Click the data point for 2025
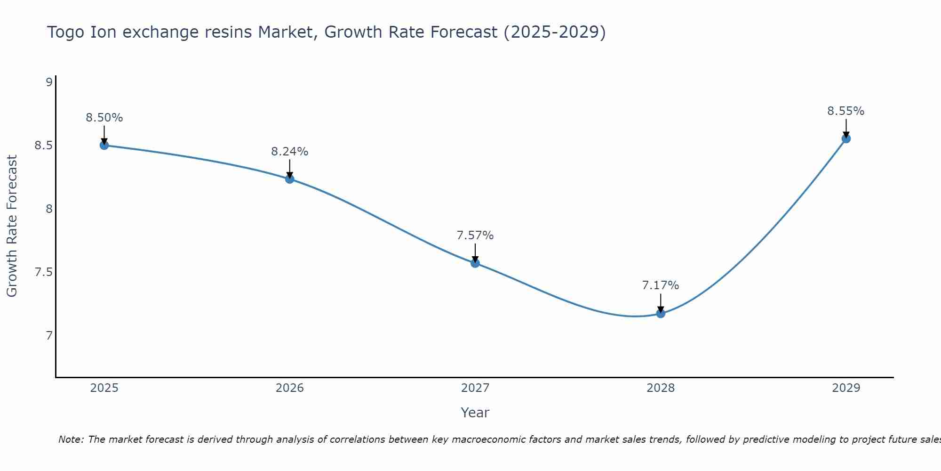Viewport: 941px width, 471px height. [104, 145]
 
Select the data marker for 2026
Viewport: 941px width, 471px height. [289, 179]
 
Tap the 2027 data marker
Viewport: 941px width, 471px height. [475, 263]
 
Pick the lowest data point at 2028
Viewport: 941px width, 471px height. [661, 313]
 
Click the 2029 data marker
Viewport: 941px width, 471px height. [846, 138]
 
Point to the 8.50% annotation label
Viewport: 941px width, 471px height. [104, 118]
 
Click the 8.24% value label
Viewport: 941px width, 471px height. [289, 152]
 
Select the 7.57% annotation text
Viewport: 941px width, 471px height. [475, 235]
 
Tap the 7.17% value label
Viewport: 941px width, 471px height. [661, 285]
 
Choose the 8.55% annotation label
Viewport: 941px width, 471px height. [846, 111]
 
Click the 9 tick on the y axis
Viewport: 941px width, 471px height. [48, 82]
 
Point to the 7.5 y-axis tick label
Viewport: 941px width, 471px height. [44, 272]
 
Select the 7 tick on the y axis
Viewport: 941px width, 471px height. [48, 336]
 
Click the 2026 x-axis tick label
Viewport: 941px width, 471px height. [289, 388]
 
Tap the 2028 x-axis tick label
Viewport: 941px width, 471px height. [661, 388]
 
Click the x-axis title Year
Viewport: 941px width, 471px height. [475, 413]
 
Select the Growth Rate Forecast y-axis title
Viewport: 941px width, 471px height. [12, 226]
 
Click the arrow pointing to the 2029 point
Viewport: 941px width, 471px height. [846, 128]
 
